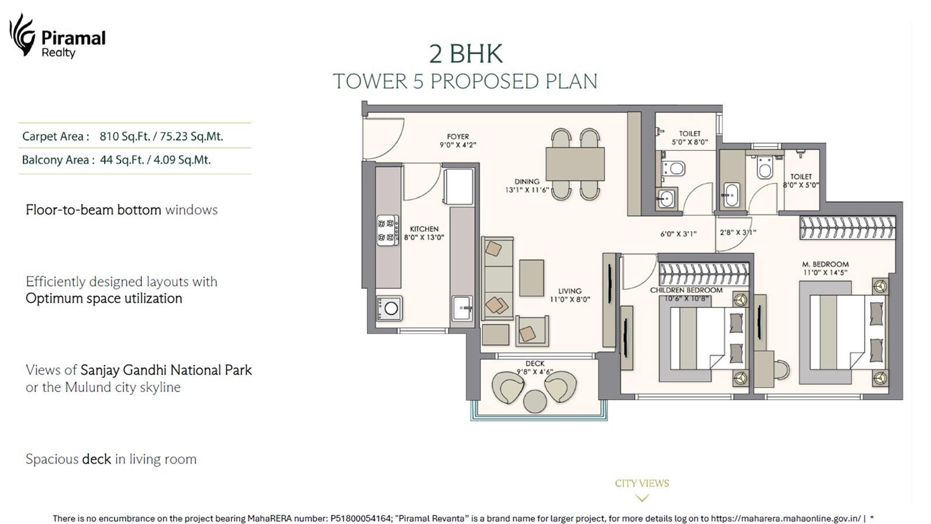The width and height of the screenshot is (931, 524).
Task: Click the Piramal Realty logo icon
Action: tap(22, 35)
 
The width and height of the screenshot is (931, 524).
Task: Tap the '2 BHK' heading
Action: tap(465, 54)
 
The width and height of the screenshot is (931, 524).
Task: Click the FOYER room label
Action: tap(458, 136)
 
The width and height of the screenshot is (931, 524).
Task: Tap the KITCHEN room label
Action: tap(424, 229)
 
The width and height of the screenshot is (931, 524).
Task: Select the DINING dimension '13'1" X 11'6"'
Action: tap(527, 190)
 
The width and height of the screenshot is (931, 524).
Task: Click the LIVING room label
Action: tap(570, 291)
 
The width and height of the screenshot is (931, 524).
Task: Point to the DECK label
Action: tap(535, 363)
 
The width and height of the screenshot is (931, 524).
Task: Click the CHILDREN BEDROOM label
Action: tap(686, 290)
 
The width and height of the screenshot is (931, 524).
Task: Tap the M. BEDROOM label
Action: tap(825, 264)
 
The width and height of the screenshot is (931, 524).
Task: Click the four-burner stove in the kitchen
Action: tap(387, 230)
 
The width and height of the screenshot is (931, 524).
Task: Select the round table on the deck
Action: tap(534, 401)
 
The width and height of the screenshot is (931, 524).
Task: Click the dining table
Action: tap(575, 164)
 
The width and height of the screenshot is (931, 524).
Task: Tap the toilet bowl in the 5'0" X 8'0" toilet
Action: tap(675, 169)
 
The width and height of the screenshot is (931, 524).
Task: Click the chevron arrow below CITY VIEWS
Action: tap(642, 498)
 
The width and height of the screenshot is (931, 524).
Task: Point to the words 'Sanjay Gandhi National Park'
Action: tap(166, 370)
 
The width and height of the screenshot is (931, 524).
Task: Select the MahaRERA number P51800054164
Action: tap(361, 518)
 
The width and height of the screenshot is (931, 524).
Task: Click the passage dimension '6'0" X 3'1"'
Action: tap(678, 233)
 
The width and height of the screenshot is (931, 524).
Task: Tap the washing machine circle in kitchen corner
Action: tap(391, 309)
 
